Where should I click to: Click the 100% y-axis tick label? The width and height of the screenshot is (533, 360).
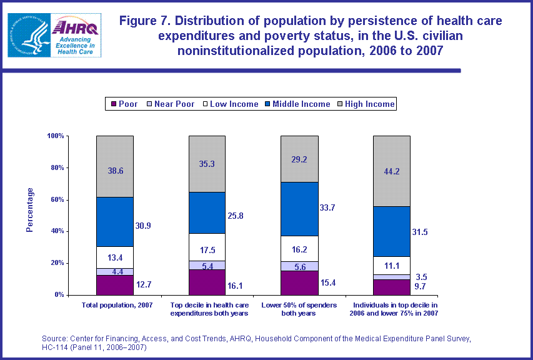point(55,136)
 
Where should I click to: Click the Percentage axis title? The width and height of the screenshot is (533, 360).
point(29,209)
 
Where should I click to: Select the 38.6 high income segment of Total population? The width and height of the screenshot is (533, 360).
point(115,166)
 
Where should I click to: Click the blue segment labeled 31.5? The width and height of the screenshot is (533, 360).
point(391,231)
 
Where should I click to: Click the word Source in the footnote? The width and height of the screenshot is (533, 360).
point(55,338)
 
